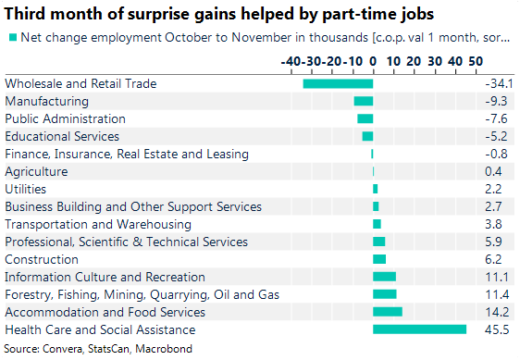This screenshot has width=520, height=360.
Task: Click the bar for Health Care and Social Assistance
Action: point(419,329)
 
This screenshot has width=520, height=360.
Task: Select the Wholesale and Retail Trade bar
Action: point(338,83)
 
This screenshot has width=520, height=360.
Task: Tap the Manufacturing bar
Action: point(363,101)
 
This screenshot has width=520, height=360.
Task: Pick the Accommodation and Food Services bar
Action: point(387,312)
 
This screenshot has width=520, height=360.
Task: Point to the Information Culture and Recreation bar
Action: point(384,277)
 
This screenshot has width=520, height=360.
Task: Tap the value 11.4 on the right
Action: point(498,294)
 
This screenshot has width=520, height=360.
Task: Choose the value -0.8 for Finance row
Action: point(498,154)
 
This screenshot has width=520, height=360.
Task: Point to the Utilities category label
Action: point(25,189)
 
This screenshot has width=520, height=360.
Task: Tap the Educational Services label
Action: point(62,136)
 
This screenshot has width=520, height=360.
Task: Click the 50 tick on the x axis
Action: point(476,60)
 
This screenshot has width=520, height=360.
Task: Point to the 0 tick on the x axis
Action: point(373,60)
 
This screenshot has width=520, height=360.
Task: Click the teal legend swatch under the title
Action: point(11,38)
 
